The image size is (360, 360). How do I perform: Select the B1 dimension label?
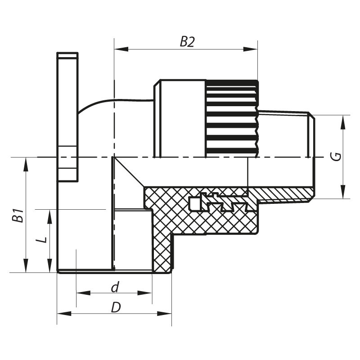[x=17, y=216]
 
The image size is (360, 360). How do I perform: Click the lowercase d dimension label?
[x=115, y=287]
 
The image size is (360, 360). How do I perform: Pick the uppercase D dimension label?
[x=116, y=307]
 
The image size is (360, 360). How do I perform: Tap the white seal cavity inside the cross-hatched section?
[x=194, y=204]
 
